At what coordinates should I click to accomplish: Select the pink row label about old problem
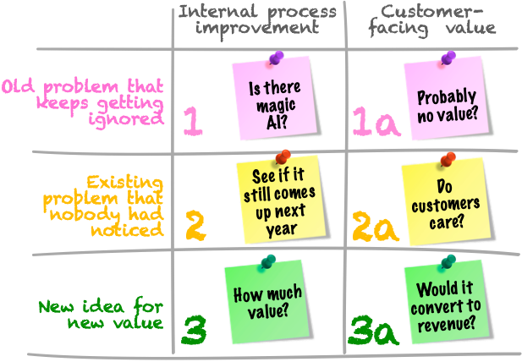[83, 101]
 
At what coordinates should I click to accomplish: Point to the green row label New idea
[102, 313]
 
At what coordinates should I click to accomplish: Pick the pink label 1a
[376, 123]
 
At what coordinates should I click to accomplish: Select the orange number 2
[195, 226]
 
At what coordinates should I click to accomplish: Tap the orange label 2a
[376, 227]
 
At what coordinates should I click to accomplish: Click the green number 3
[195, 331]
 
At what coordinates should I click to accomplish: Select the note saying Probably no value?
[446, 101]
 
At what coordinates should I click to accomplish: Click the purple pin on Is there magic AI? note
[275, 58]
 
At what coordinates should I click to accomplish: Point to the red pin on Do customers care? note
[448, 158]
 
